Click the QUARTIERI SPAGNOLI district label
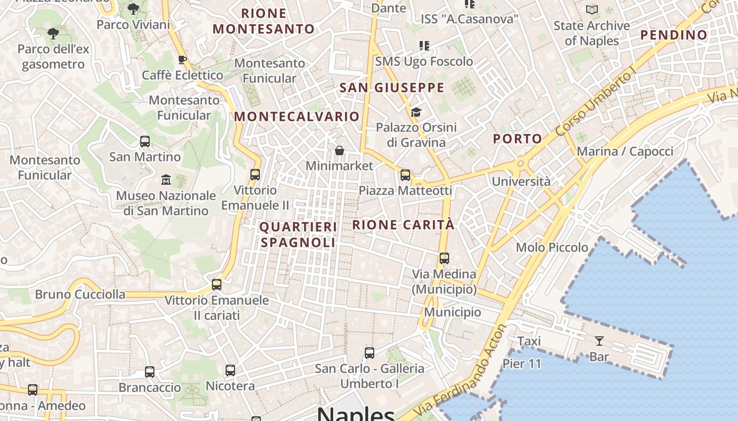click(x=298, y=235)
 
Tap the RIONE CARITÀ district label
click(x=403, y=225)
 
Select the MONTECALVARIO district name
click(x=297, y=116)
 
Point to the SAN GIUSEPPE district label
click(x=392, y=87)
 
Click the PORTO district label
click(x=518, y=139)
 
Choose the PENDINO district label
click(x=674, y=35)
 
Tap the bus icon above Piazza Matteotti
click(x=405, y=175)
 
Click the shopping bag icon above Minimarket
click(x=339, y=151)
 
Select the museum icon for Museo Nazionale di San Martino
click(x=166, y=180)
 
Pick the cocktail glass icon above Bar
click(x=599, y=341)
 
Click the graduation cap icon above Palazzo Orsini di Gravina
click(x=416, y=112)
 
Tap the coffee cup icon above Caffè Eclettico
click(x=182, y=59)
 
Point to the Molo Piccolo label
click(x=552, y=247)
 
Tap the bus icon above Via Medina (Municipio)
click(x=444, y=258)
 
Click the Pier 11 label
click(x=522, y=364)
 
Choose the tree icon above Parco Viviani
click(x=133, y=9)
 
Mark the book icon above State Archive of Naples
click(x=592, y=10)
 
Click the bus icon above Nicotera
click(x=230, y=370)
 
